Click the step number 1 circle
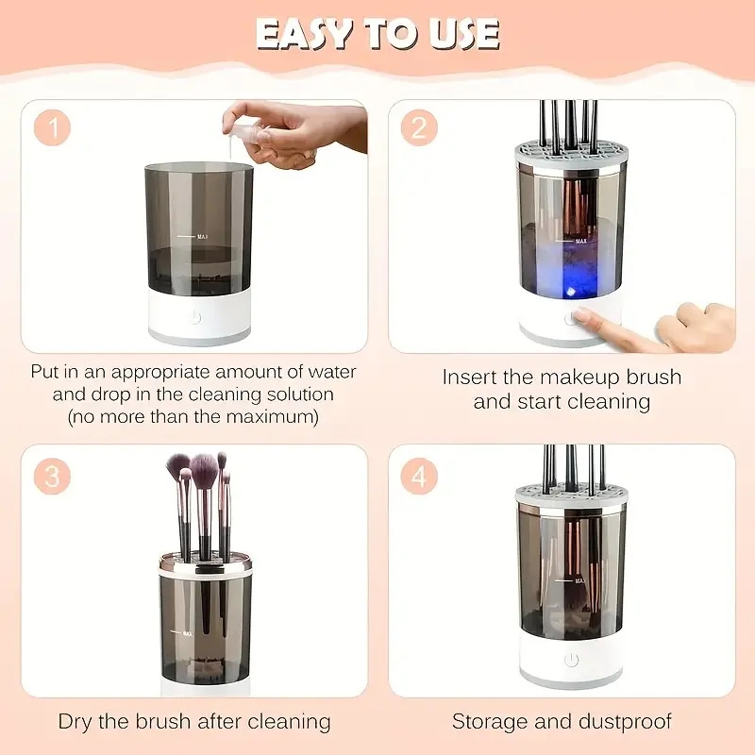point(52,126)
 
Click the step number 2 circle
point(419,126)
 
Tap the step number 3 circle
point(52,477)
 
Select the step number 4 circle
point(419,477)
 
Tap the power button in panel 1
point(195,316)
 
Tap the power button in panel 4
point(571,660)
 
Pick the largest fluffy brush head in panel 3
point(203,465)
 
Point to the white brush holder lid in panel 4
point(570,492)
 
